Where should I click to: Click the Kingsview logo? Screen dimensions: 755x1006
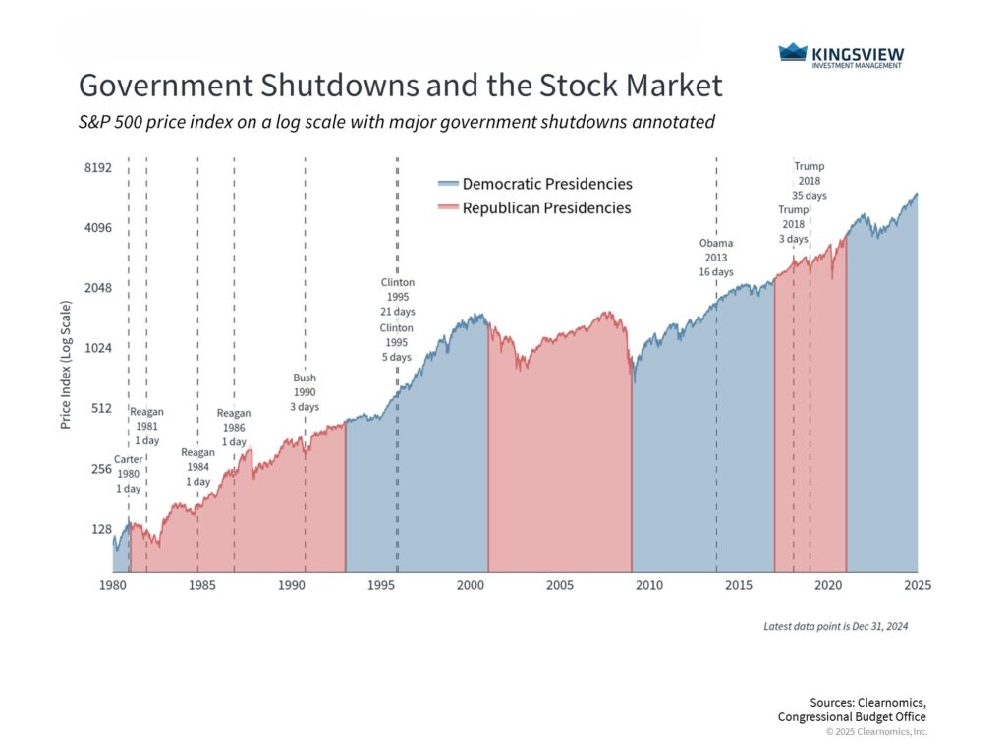tap(841, 55)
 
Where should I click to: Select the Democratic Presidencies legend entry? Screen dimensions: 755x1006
tap(534, 184)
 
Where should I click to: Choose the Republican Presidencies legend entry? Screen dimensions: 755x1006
tap(534, 208)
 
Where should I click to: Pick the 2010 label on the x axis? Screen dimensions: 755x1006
tap(648, 585)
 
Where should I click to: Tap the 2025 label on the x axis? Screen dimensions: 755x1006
tap(917, 585)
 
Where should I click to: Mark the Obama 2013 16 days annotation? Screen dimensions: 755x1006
tap(716, 257)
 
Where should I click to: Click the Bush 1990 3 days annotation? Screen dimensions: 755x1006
tap(306, 392)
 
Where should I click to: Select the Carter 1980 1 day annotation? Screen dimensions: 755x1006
tap(129, 474)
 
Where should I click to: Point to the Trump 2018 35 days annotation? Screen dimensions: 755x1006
tap(810, 181)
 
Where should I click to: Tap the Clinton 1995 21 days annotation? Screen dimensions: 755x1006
tap(398, 297)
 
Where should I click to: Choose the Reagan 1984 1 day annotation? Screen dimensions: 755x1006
tap(197, 467)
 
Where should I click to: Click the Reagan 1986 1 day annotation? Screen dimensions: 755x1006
tap(234, 428)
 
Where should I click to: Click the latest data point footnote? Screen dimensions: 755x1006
tap(835, 626)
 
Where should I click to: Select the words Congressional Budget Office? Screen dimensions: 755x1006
tap(852, 717)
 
